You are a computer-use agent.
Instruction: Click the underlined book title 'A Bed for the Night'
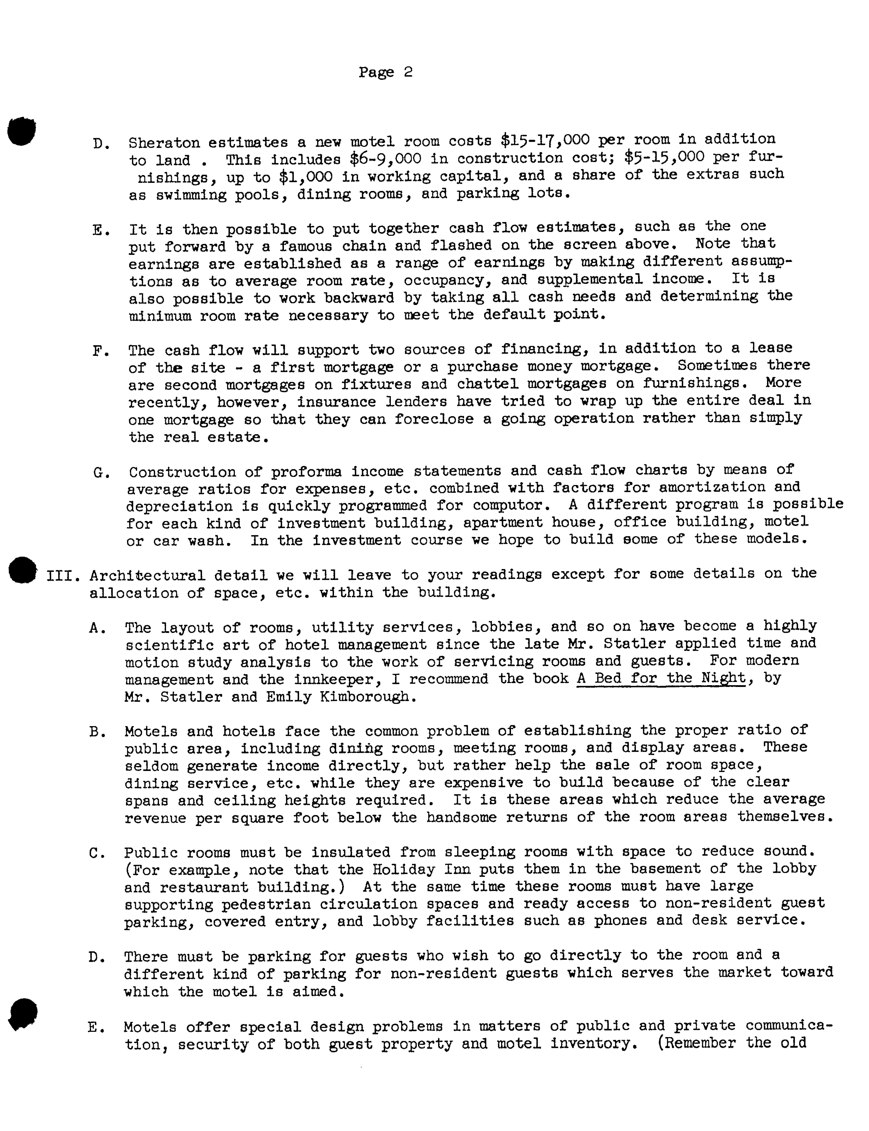pyautogui.click(x=661, y=678)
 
